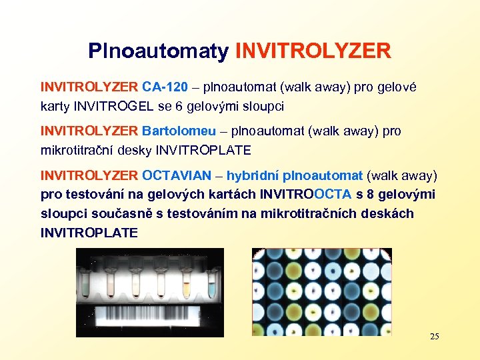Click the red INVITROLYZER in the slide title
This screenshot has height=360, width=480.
point(313,51)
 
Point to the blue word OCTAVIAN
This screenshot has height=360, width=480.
point(179,176)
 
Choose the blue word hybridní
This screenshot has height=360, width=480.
point(253,176)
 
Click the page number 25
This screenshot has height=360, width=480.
point(434,336)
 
